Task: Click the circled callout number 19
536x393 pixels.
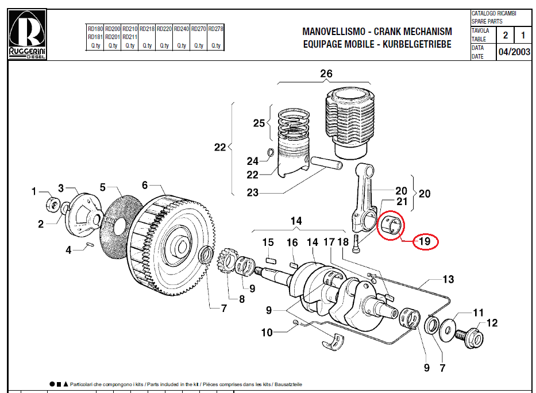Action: pos(425,241)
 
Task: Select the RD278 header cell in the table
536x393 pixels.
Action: pos(215,28)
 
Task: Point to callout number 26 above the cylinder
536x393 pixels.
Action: pos(326,74)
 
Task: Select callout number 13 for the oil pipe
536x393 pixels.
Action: pos(448,280)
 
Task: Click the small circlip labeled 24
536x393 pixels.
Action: pos(270,152)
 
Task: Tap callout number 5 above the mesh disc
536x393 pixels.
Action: pos(103,187)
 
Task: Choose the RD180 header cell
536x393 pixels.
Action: pos(95,28)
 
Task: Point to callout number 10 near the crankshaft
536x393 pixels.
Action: pos(267,332)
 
